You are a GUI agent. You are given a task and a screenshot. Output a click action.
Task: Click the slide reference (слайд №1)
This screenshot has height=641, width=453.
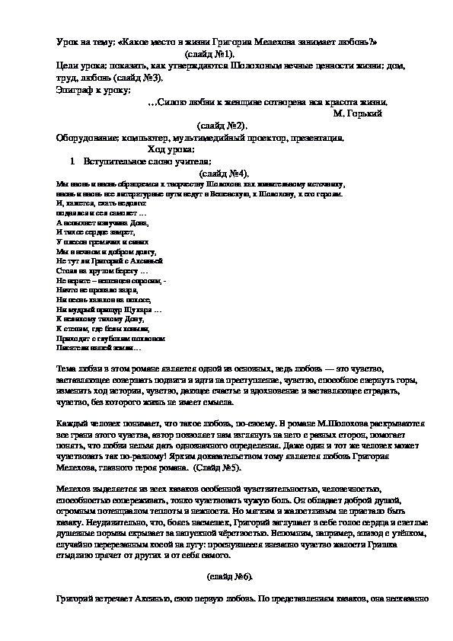[x=209, y=56]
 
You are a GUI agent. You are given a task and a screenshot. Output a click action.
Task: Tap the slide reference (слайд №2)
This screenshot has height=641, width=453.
[x=222, y=125]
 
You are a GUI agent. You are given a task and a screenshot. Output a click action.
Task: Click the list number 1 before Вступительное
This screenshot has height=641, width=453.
[x=70, y=162]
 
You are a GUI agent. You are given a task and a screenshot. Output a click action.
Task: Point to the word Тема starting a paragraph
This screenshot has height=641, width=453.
[x=68, y=368]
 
